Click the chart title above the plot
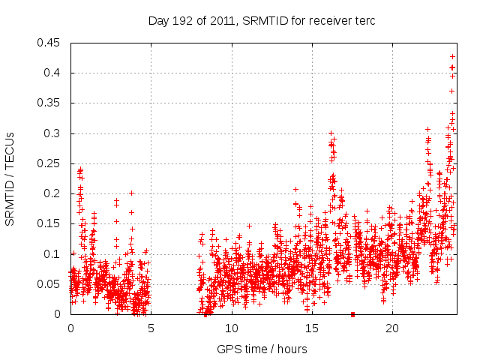tap(262, 20)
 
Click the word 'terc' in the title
tap(365, 20)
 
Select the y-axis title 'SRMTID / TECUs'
tap(10, 178)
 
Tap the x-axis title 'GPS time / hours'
tap(262, 348)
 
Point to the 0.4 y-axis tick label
tap(54, 73)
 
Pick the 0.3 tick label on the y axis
tap(54, 133)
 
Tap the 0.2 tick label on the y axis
tap(54, 193)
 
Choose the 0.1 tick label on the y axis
tap(54, 253)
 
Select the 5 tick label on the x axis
tap(151, 328)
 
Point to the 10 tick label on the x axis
tap(231, 328)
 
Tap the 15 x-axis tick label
tap(311, 328)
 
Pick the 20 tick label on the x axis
tap(391, 328)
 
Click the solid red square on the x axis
tap(352, 313)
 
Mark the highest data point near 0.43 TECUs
tap(452, 56)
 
